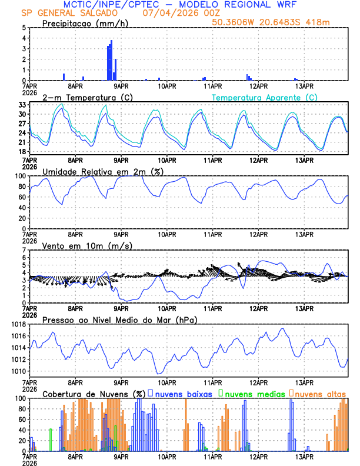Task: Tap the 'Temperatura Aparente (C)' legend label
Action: tap(265, 97)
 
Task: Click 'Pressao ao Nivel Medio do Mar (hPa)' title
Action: tap(119, 319)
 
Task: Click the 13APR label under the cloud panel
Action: tap(304, 457)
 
